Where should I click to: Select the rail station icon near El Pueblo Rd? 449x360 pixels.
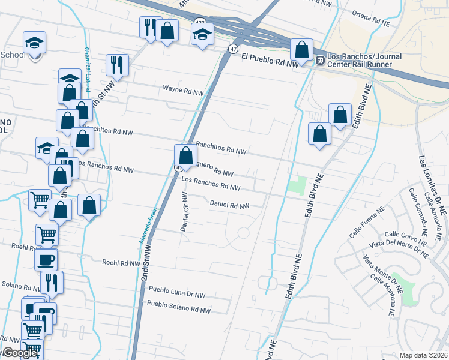[x=320, y=60]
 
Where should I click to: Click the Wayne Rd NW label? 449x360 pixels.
[x=184, y=91]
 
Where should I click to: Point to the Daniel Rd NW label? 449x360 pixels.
[x=229, y=205]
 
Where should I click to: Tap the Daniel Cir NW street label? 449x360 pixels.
[x=184, y=212]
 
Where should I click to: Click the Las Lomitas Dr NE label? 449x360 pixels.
[x=432, y=185]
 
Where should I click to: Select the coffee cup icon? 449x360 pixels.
[x=46, y=260]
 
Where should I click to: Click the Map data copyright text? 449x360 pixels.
[x=423, y=355]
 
